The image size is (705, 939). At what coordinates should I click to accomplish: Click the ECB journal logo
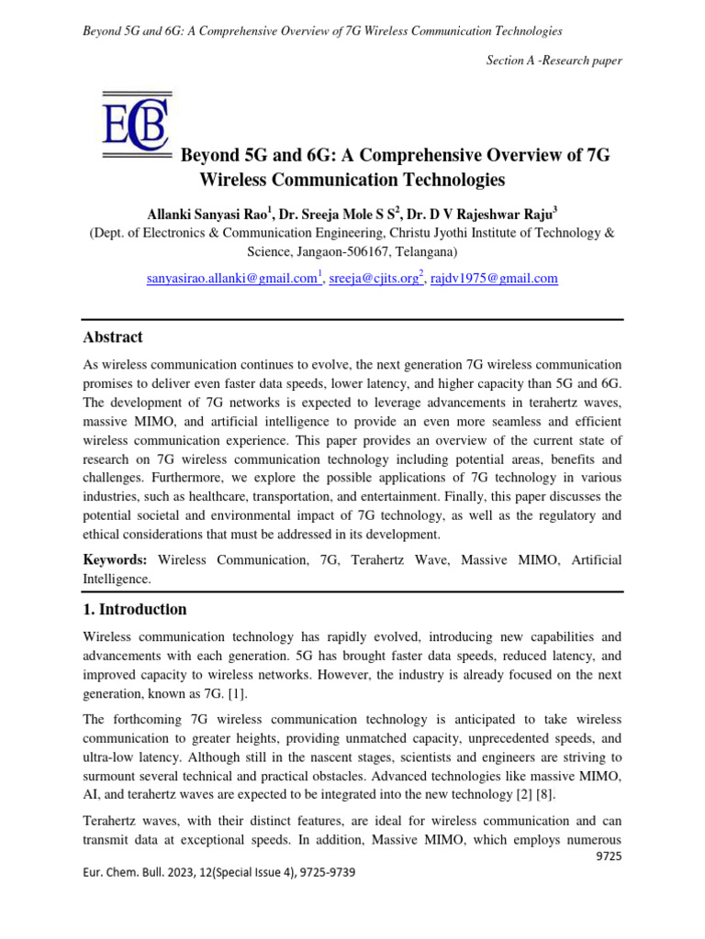(x=135, y=128)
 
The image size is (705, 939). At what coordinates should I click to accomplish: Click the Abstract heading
(x=113, y=337)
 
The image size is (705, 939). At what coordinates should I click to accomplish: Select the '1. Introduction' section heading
(x=135, y=609)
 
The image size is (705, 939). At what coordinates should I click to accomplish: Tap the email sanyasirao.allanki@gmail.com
(x=230, y=278)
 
